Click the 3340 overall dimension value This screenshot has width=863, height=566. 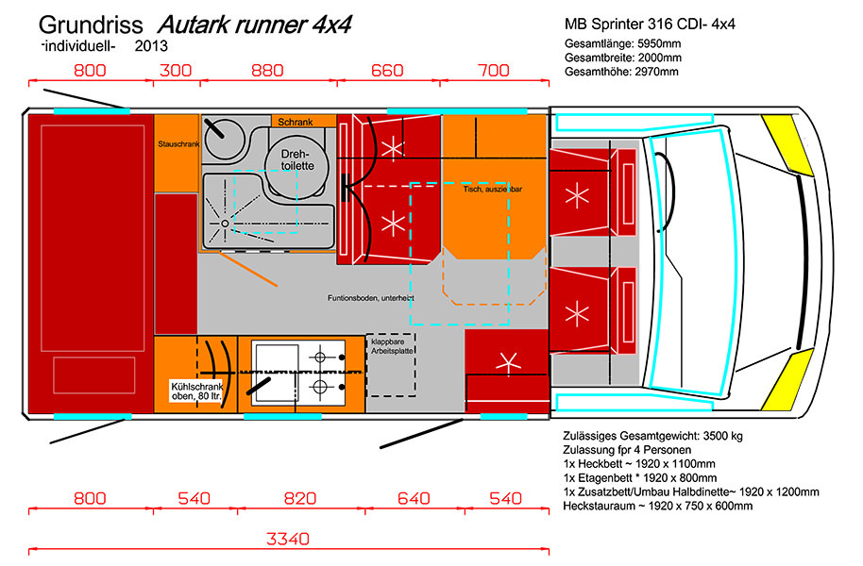[x=289, y=540]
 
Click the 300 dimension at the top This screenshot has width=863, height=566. [x=176, y=71]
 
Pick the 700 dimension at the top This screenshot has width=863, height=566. [x=493, y=71]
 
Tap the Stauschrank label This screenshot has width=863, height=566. [x=176, y=144]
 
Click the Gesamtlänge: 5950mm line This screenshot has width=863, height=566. [x=623, y=43]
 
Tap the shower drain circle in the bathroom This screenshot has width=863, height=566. [x=226, y=223]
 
